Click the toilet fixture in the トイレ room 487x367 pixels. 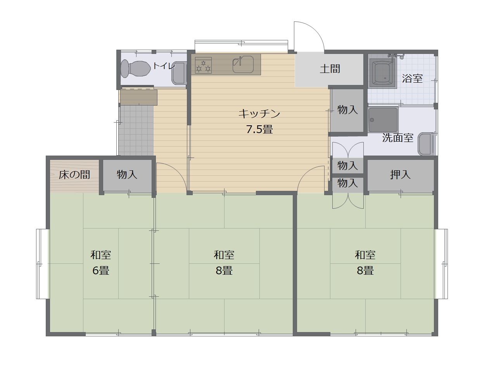(x=135, y=69)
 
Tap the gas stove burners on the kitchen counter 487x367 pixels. (x=203, y=65)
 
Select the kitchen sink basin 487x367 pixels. (x=243, y=64)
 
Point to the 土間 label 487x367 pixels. (x=330, y=69)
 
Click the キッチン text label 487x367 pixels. (x=259, y=114)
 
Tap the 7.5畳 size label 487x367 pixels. (x=259, y=129)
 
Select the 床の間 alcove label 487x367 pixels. (x=74, y=175)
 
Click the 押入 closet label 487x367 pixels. (x=400, y=175)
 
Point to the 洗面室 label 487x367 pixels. (x=397, y=138)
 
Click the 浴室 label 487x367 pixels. (x=412, y=78)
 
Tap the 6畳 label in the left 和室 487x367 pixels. (x=101, y=271)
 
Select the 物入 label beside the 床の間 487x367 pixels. (x=127, y=175)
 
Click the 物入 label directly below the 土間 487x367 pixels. (x=347, y=110)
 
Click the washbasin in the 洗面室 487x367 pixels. (x=425, y=144)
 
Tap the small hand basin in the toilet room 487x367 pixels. (x=179, y=73)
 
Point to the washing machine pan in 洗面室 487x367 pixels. (x=383, y=120)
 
